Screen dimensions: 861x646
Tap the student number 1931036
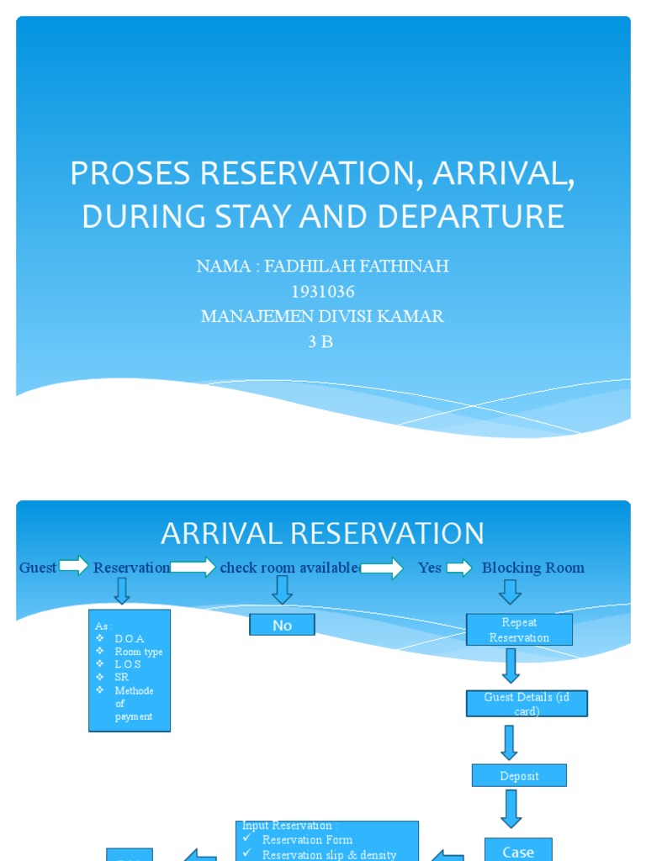point(322,292)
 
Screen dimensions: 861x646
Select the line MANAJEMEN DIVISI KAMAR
point(322,317)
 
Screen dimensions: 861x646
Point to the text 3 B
point(322,342)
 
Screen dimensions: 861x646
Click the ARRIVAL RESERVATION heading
point(322,533)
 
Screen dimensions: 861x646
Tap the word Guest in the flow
point(38,568)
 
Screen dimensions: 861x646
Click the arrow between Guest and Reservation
point(74,567)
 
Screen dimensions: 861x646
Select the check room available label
point(289,568)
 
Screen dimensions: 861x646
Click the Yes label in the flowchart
point(429,568)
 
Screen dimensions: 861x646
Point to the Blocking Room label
point(532,568)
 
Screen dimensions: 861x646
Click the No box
point(282,625)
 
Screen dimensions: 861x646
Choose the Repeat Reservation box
point(519,630)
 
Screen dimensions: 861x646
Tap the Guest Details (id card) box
point(527,704)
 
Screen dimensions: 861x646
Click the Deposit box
point(519,776)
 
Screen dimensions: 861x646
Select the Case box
point(518,851)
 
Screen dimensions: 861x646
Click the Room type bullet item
point(139,652)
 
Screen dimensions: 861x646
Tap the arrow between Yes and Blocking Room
point(459,568)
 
